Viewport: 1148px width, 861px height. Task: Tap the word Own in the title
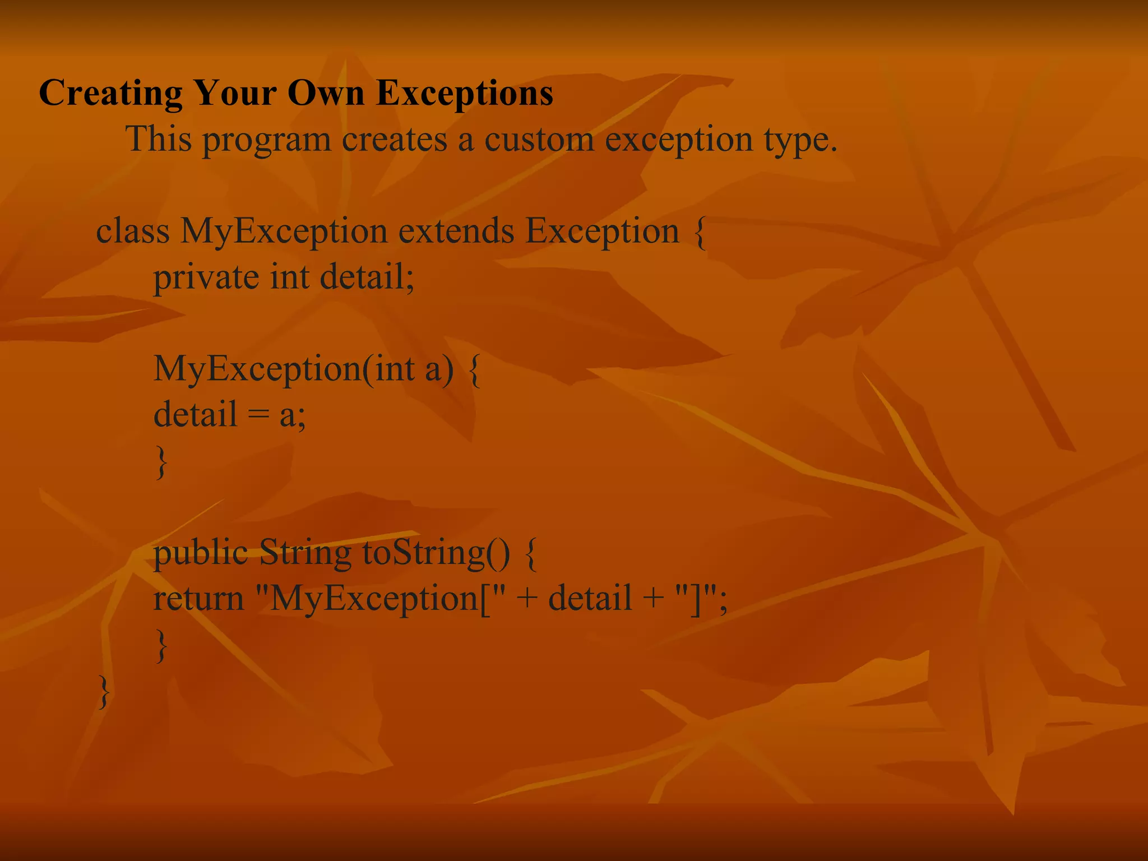tap(326, 93)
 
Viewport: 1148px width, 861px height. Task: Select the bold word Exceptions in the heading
tap(465, 93)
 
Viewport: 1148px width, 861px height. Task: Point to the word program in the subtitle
tap(267, 140)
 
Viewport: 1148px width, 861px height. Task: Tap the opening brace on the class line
tap(700, 232)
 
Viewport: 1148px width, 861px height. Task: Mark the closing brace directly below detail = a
tap(161, 462)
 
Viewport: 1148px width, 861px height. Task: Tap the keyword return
tap(198, 599)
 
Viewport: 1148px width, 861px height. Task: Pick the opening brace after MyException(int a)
tap(474, 370)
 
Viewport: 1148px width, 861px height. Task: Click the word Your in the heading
tap(235, 93)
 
